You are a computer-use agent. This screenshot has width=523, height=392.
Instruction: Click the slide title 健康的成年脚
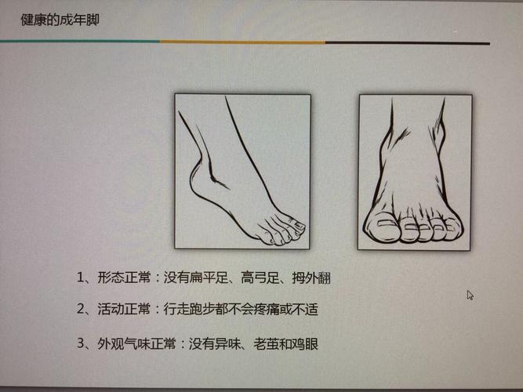60,20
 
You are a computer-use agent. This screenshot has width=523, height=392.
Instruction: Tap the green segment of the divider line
80,42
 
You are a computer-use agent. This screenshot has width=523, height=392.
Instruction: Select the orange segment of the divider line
242,42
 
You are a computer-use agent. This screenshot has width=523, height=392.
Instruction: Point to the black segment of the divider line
408,43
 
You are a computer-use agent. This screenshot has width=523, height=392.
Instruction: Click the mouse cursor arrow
470,296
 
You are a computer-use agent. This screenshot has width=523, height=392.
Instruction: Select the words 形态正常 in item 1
124,278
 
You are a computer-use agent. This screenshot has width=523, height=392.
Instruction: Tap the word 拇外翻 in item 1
311,278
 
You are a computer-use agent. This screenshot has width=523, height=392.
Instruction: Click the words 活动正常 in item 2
124,309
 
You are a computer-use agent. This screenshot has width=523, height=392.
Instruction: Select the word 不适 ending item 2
305,310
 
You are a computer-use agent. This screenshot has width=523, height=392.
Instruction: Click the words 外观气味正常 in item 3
136,343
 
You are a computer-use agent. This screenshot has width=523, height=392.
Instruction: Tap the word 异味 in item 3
227,344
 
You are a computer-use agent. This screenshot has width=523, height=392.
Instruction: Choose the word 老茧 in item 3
266,344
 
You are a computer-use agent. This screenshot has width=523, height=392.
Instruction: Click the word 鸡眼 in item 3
305,344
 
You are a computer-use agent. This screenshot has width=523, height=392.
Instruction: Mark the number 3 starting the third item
81,343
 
